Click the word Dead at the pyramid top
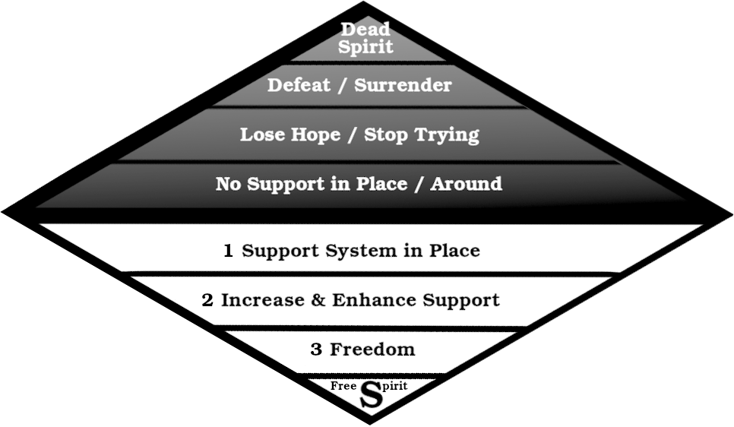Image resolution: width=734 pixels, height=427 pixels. point(365,30)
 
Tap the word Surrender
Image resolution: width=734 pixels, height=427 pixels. point(403,85)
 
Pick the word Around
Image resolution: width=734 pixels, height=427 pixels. point(466,184)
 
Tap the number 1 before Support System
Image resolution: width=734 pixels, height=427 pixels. point(228,251)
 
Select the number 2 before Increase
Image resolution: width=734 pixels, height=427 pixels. point(207,300)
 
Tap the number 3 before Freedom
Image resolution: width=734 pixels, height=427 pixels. point(316,350)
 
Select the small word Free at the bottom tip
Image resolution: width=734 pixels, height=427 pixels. point(343,386)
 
